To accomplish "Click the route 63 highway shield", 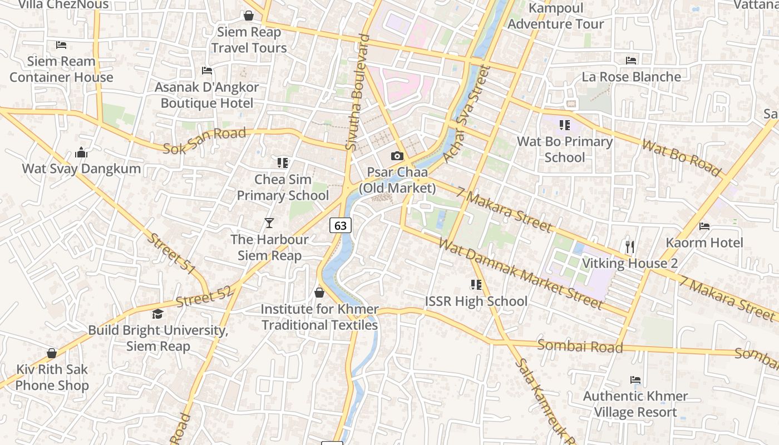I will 341,225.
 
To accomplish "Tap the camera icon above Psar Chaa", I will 397,156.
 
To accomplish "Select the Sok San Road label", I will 204,141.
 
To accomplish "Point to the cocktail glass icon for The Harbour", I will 269,223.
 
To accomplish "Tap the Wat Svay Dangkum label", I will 81,169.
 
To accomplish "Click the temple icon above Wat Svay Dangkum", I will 81,152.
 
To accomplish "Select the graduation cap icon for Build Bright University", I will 158,314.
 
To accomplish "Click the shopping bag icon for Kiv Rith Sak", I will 52,353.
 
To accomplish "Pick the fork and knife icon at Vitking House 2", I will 630,246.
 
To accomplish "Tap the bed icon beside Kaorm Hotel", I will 704,226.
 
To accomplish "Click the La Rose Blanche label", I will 631,77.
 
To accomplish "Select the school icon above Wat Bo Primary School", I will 565,125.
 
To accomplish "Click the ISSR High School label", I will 476,301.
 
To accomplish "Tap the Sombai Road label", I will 580,346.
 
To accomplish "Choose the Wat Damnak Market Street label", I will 520,273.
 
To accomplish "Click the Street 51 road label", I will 171,254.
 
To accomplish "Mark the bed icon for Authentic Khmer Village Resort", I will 635,380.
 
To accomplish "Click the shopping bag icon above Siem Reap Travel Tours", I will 249,16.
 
